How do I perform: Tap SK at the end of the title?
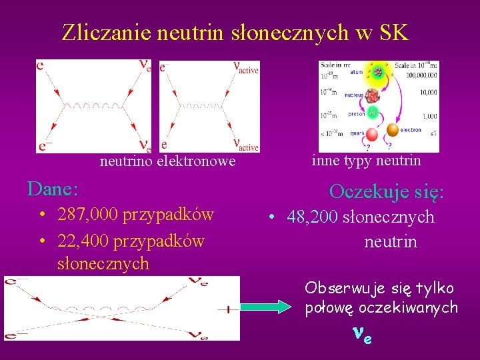coord(393,32)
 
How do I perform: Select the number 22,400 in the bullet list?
coord(84,240)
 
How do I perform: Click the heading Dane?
coord(53,189)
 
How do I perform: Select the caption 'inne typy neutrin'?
coord(366,161)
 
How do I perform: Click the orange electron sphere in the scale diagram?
coord(393,131)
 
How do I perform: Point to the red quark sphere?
coord(371,135)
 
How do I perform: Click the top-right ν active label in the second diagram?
coord(245,67)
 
